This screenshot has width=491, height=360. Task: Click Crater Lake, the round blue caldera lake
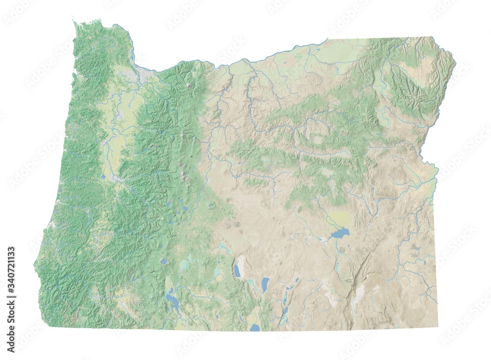click(163, 261)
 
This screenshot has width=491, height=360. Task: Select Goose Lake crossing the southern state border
click(254, 327)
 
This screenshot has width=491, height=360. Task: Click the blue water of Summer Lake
click(238, 270)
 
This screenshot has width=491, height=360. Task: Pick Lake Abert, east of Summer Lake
click(265, 284)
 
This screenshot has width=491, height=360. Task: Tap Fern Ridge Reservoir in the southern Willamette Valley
click(104, 176)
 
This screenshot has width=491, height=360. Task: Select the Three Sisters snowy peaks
click(185, 172)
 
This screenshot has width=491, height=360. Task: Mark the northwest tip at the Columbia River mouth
click(74, 22)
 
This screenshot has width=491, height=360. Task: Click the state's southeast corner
click(437, 328)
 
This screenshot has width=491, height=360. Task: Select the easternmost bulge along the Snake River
click(455, 64)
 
